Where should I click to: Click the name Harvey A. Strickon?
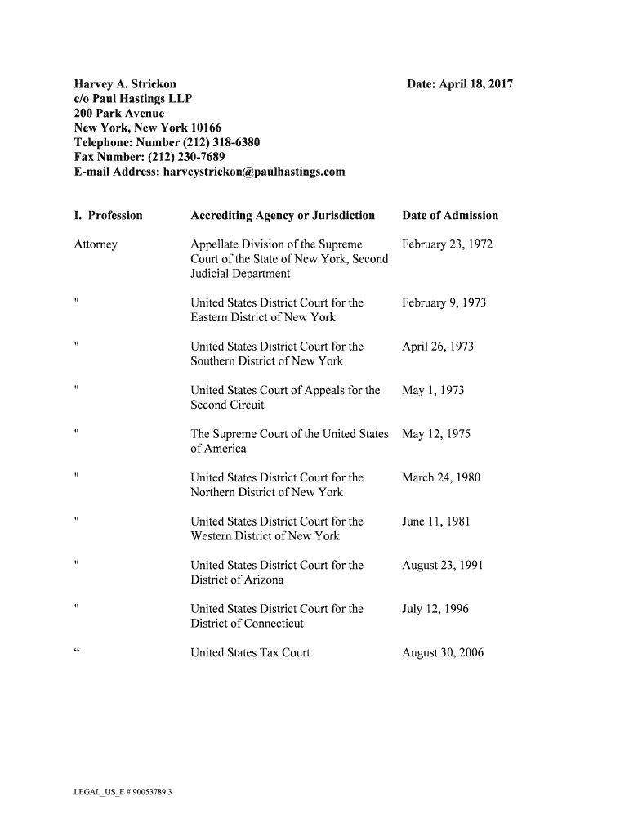click(125, 84)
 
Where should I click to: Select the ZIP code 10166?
click(206, 128)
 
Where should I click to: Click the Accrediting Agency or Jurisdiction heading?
click(283, 216)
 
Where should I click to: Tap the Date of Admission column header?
click(450, 216)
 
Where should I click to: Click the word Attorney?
click(96, 244)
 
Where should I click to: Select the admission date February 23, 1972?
click(448, 244)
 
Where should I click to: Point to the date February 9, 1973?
click(444, 302)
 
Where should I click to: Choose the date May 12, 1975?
click(436, 434)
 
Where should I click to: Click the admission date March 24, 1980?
click(441, 477)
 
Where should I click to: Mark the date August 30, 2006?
click(443, 652)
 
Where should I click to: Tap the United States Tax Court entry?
click(250, 652)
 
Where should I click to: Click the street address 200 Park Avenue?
click(119, 113)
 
